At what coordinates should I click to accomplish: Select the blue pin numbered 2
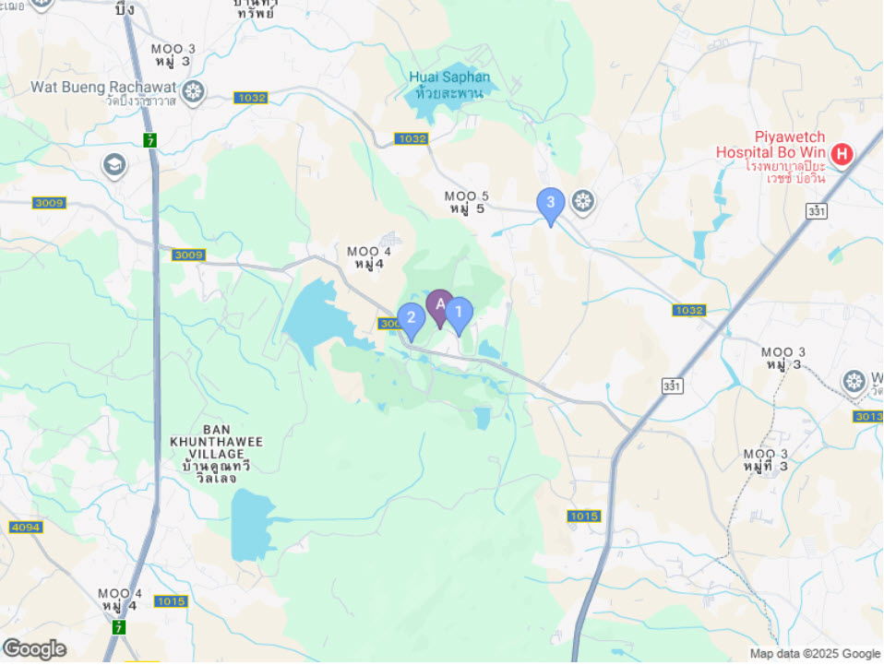pos(411,319)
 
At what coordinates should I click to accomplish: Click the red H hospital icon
pos(841,155)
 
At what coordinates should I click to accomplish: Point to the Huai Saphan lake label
pos(449,85)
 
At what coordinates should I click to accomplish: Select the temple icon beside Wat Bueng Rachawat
pos(193,90)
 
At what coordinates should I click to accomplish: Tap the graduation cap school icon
pos(114,167)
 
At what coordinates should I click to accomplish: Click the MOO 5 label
pos(466,202)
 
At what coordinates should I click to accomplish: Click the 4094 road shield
pos(25,527)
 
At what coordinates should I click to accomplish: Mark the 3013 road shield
pos(867,417)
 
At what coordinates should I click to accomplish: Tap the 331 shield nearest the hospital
pos(815,211)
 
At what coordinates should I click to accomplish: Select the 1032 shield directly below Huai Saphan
pos(412,138)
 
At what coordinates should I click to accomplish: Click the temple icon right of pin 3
pos(582,200)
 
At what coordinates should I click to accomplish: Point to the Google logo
pos(34,649)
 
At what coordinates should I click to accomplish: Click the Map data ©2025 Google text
pos(815,654)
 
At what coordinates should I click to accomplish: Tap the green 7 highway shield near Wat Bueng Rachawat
pos(149,139)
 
